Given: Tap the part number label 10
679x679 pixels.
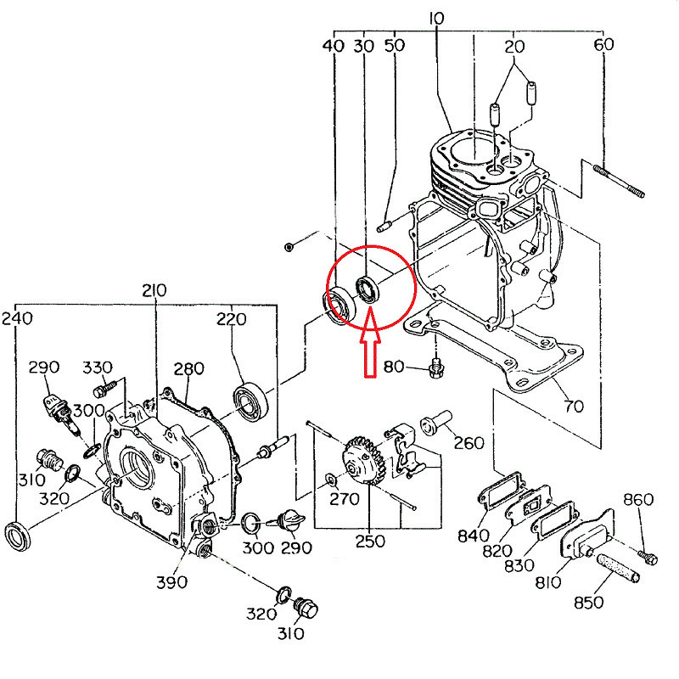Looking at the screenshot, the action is tap(436, 19).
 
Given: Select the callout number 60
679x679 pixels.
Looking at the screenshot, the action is tap(603, 44).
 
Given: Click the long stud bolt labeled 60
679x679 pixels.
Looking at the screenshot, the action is tap(619, 181).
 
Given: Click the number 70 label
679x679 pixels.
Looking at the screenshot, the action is tap(574, 407).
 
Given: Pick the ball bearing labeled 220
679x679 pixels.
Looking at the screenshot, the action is tap(250, 401).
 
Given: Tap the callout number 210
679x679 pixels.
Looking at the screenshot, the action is tap(154, 290).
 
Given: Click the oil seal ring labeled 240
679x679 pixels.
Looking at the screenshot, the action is tap(17, 536).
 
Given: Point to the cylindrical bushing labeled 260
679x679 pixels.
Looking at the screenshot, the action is tap(436, 422).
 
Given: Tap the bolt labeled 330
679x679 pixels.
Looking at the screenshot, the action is tap(105, 389).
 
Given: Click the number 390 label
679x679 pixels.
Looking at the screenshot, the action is tap(172, 582).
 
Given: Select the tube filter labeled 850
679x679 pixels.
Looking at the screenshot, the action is tap(618, 566).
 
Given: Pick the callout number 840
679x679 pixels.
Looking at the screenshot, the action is tap(474, 536).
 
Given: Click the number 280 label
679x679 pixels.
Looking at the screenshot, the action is tap(188, 369).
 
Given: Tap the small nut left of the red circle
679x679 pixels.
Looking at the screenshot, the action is tap(289, 247).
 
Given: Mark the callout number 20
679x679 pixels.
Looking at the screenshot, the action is tap(514, 47).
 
